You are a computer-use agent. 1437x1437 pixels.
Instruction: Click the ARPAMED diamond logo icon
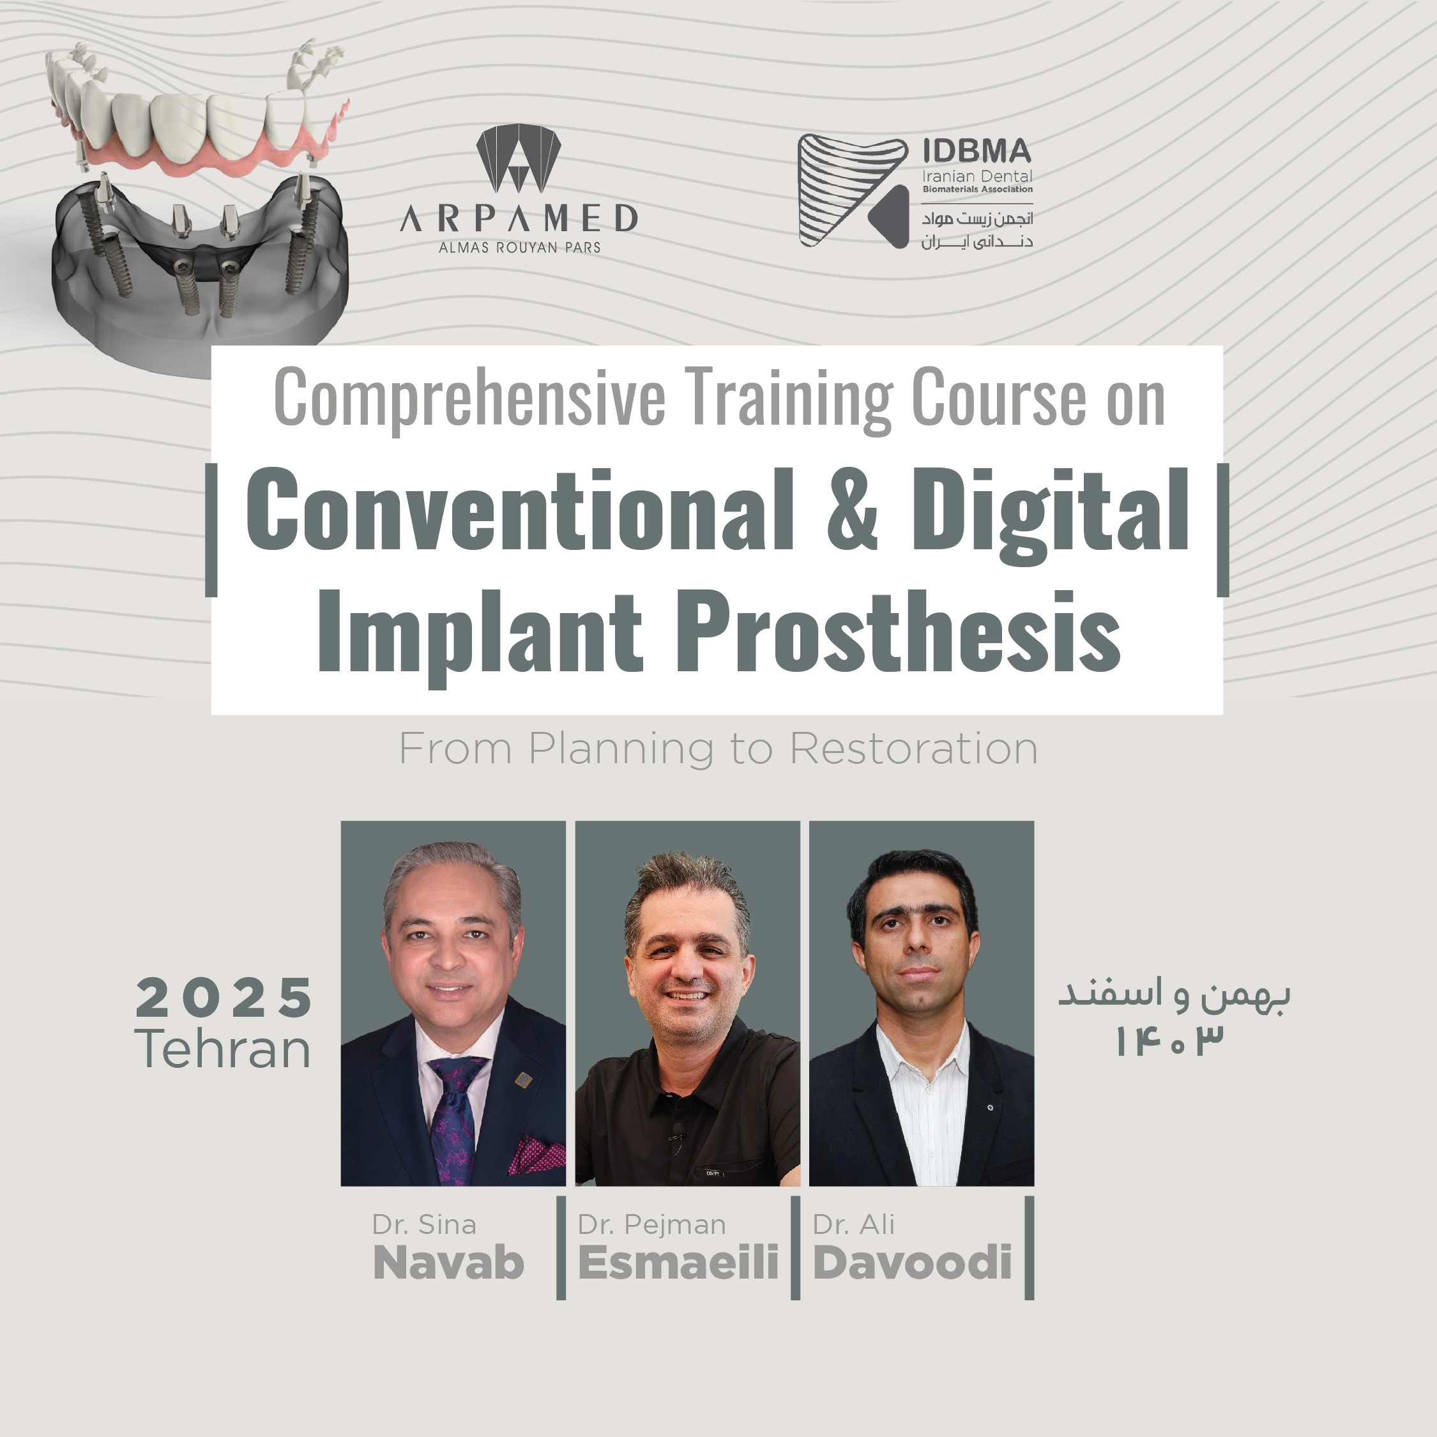tap(519, 158)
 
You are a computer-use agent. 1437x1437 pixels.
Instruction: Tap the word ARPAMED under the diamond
tap(519, 218)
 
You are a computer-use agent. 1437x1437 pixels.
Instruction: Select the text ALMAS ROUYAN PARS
tap(519, 248)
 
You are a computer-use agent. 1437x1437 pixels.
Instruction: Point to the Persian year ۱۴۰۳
tap(1169, 1041)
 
